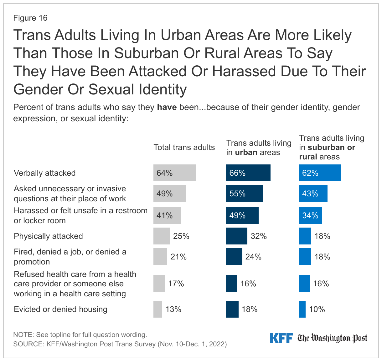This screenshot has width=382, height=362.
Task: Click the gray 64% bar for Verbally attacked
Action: [x=174, y=173]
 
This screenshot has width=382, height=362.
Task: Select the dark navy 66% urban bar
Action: [x=248, y=173]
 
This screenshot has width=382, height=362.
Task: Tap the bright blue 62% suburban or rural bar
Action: [x=320, y=173]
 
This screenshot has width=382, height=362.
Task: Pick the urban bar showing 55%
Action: [x=244, y=194]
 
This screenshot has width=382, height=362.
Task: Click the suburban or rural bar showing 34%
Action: [x=310, y=215]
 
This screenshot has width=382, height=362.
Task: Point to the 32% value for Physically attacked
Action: [x=259, y=236]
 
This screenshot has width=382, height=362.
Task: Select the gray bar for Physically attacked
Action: [x=162, y=236]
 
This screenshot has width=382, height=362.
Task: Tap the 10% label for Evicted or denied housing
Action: [x=317, y=309]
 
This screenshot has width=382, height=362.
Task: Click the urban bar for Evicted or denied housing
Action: [x=232, y=309]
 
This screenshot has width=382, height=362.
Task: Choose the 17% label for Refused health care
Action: [x=176, y=284]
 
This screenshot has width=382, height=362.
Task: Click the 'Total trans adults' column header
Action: [x=184, y=148]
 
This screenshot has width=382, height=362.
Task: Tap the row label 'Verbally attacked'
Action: [x=45, y=173]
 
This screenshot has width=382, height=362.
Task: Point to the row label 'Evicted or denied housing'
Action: [x=60, y=309]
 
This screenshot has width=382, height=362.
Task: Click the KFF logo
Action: [x=281, y=338]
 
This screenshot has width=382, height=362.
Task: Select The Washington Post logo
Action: [x=332, y=338]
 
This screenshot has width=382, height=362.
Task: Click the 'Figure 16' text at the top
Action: [x=30, y=18]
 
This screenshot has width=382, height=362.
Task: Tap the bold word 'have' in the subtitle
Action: [x=167, y=107]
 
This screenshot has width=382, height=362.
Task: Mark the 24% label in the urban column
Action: [x=253, y=257]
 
